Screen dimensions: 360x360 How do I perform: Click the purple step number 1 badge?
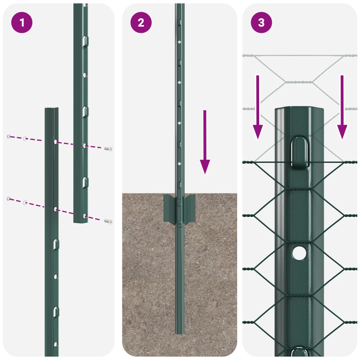22,22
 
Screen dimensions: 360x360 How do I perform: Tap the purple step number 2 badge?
141,22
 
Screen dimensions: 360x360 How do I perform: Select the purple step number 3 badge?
261,22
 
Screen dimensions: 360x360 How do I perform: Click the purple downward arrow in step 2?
205,142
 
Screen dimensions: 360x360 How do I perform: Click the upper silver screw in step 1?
108,148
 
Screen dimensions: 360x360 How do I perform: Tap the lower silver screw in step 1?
108,221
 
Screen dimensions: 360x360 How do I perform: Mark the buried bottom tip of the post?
180,331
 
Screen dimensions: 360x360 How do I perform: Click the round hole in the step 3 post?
298,253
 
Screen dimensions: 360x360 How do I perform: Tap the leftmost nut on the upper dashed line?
8,136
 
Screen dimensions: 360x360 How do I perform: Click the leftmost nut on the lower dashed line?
8,198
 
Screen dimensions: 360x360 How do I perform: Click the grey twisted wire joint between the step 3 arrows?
299,82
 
